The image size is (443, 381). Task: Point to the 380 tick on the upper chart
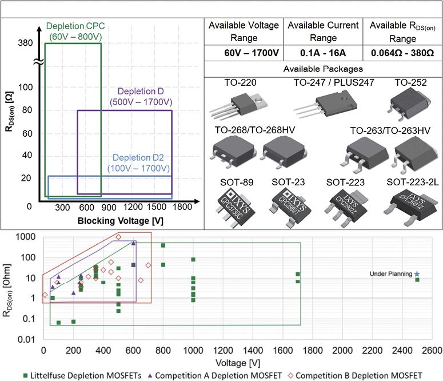(x=25, y=43)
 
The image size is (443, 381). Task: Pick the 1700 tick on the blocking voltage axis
(x=183, y=207)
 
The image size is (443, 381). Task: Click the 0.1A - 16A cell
(x=323, y=53)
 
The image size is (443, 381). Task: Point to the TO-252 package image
(x=410, y=105)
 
